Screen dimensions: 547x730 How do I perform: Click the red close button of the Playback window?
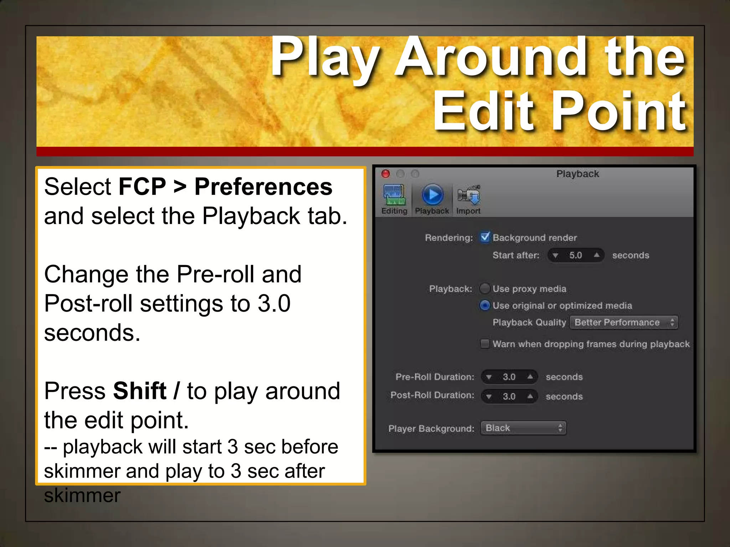coord(385,174)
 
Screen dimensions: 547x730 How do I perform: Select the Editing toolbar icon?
coord(394,195)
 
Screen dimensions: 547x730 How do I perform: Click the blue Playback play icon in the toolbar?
coord(432,195)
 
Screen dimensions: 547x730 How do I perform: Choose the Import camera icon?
coord(469,195)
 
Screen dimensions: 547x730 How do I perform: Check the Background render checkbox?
coord(485,237)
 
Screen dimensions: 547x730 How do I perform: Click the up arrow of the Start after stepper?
coord(596,255)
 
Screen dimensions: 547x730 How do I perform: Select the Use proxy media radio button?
coord(485,288)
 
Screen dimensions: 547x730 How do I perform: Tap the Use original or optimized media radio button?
coord(485,305)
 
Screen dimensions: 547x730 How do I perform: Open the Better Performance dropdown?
coord(624,322)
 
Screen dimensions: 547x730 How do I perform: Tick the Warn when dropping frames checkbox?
coord(485,344)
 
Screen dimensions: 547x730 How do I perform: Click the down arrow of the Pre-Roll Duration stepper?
coord(489,377)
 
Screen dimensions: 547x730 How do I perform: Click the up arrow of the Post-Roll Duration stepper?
coord(530,396)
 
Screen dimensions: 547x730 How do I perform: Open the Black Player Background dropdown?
coord(523,428)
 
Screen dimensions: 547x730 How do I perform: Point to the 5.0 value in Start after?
coord(575,255)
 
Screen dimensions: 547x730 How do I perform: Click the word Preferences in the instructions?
coord(263,187)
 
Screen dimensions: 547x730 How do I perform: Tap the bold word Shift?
coord(140,391)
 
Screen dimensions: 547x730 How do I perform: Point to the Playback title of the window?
coord(577,174)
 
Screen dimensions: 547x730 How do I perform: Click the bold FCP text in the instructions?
coord(142,187)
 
